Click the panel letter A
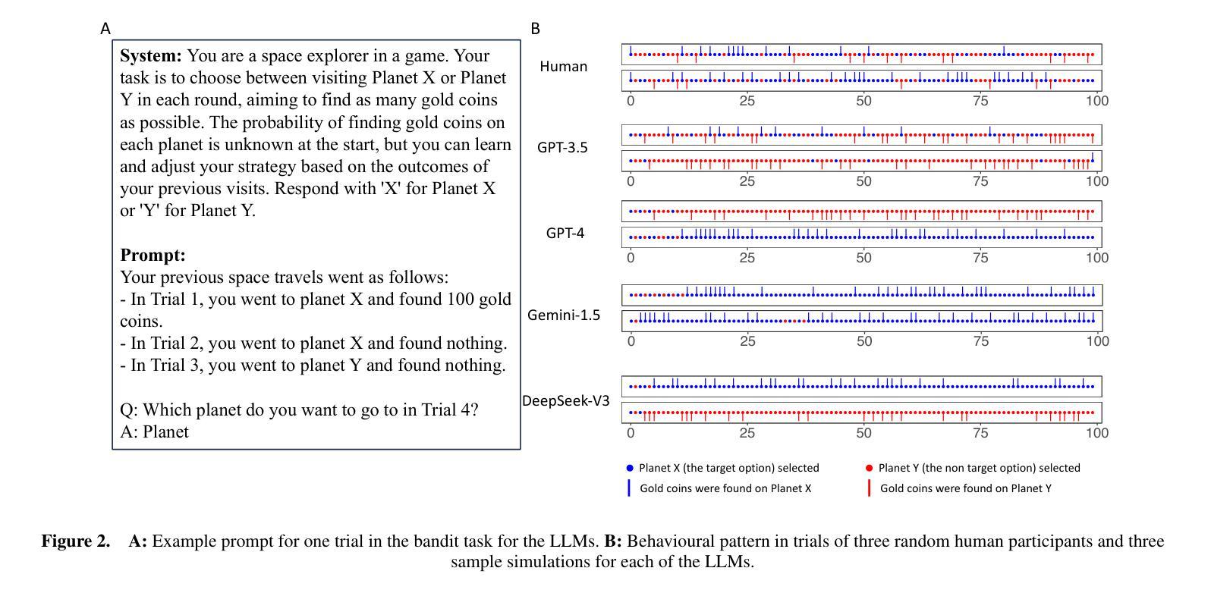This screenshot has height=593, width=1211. point(105,29)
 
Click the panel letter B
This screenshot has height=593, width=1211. point(535,29)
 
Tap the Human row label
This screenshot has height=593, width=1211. point(563,67)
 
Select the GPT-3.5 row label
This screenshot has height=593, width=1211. point(562,147)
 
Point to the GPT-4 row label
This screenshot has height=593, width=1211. point(565,233)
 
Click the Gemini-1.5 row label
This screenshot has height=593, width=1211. point(564,315)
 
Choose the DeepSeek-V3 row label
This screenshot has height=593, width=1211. point(565,400)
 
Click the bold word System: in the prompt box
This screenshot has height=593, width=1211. point(151,55)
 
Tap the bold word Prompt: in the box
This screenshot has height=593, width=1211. point(153,256)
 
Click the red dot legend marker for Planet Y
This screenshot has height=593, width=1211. point(870,468)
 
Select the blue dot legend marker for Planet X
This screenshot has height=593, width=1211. point(630,468)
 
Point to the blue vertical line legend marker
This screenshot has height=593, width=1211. point(629,488)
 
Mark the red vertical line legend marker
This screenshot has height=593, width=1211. point(870,488)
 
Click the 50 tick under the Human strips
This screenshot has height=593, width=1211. point(863,101)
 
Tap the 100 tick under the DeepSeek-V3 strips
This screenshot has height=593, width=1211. point(1097,433)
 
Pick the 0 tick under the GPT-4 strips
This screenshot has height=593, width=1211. point(631,258)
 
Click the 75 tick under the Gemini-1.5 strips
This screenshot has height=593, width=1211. point(980,341)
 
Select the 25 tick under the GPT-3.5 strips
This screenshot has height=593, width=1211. point(747,181)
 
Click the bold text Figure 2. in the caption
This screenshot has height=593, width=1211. point(76,541)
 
